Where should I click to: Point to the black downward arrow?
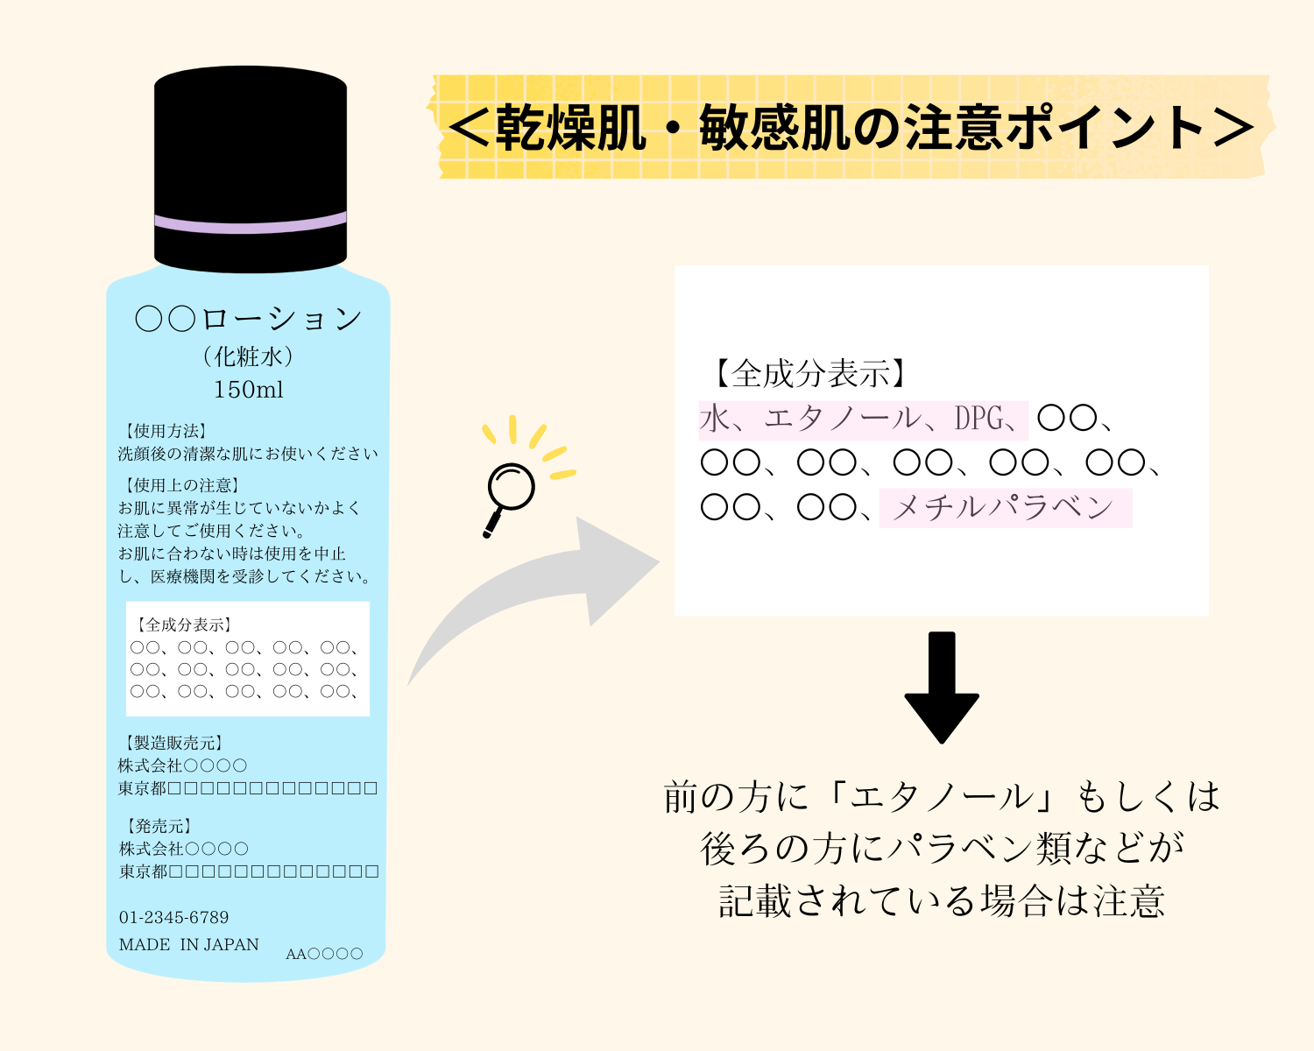click(x=942, y=687)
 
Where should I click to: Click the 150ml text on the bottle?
click(x=249, y=390)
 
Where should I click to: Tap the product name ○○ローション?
click(x=249, y=318)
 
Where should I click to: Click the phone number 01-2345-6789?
click(x=174, y=917)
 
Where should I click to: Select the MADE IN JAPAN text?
click(x=188, y=945)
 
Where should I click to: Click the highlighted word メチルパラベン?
click(x=1003, y=508)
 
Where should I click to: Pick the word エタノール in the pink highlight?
click(x=844, y=419)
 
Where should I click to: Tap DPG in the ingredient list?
click(x=978, y=419)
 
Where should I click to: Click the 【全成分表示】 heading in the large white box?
click(x=809, y=373)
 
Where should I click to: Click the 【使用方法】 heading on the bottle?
click(x=166, y=431)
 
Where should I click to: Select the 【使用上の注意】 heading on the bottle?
click(x=181, y=485)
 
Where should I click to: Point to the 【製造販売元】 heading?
click(x=173, y=743)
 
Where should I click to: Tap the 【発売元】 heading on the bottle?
click(x=158, y=826)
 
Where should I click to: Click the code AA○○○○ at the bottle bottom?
click(x=324, y=954)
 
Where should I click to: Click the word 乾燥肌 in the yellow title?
click(x=571, y=128)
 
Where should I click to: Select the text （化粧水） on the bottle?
click(x=249, y=356)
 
